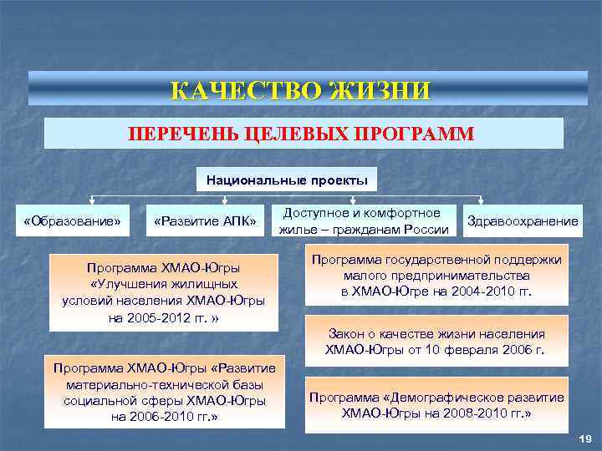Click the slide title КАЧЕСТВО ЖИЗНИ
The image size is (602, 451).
pyautogui.click(x=301, y=89)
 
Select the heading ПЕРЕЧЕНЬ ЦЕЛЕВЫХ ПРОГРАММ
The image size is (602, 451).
pyautogui.click(x=301, y=134)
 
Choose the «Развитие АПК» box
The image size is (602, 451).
pyautogui.click(x=205, y=221)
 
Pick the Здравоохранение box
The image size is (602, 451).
pyautogui.click(x=523, y=221)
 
